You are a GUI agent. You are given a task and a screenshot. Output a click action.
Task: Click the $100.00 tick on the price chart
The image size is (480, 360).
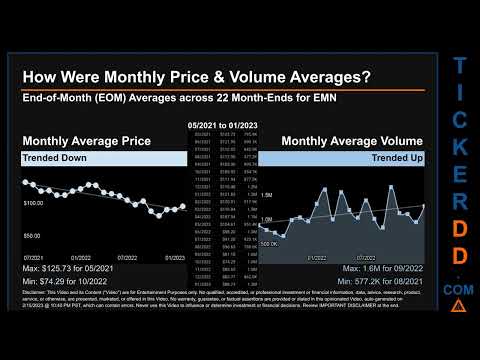pyautogui.click(x=33, y=203)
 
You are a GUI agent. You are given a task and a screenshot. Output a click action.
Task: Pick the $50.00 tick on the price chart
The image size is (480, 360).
pyautogui.click(x=31, y=235)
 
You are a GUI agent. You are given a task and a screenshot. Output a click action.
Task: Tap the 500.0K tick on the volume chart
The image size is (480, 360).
pyautogui.click(x=269, y=243)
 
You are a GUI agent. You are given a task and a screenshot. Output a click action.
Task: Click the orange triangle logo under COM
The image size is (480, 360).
pyautogui.click(x=457, y=303)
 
